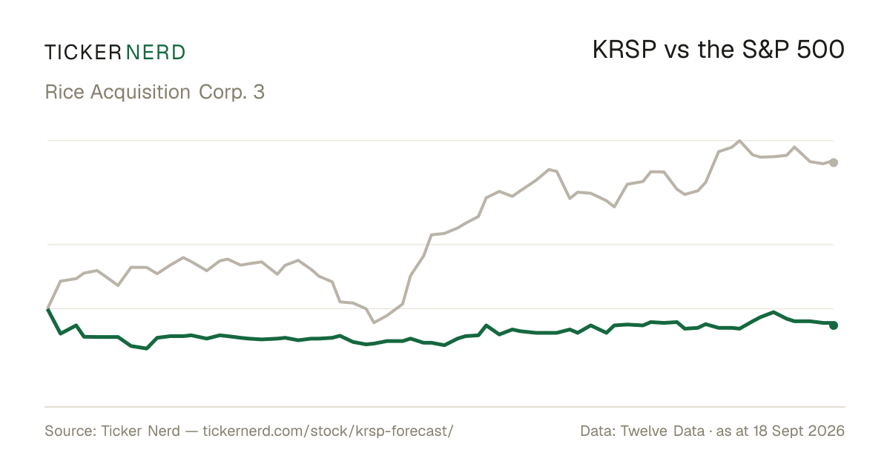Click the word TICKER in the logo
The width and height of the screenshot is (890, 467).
pos(83,53)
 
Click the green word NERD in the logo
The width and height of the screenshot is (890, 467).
pos(155,53)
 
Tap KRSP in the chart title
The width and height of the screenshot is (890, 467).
pos(624,50)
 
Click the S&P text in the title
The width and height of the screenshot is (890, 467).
pos(765,50)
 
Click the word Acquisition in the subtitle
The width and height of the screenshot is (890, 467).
pos(140,93)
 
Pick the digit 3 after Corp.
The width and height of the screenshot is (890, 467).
pos(259,92)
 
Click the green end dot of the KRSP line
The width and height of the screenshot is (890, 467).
pos(834,325)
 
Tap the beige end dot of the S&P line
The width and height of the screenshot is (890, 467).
pos(834,162)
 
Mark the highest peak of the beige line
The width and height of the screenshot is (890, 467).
pos(739,141)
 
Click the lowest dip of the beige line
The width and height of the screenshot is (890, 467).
pos(374,322)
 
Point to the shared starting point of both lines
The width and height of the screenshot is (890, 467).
pos(47,308)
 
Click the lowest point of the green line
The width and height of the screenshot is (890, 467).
pos(147,348)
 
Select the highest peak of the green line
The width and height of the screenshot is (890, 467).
pos(774,312)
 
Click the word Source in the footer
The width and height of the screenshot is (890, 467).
pos(68,431)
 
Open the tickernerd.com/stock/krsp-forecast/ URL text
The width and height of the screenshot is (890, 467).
pos(328,431)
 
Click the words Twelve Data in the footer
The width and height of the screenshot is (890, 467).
pos(662,431)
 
